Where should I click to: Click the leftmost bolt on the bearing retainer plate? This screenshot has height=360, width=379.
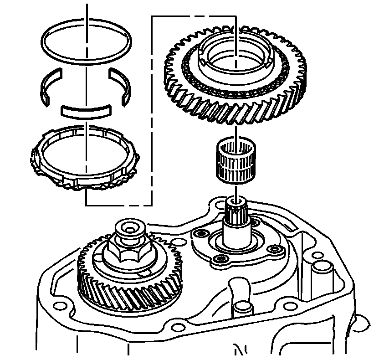(200, 233)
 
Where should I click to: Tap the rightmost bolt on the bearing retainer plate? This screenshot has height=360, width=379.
(274, 249)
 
